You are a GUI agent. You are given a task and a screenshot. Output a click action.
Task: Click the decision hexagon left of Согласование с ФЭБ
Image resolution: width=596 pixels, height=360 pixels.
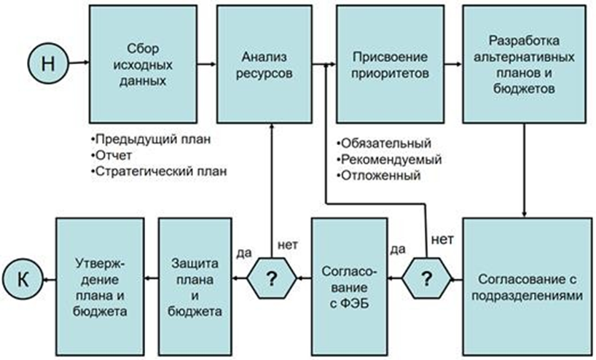point(272,278)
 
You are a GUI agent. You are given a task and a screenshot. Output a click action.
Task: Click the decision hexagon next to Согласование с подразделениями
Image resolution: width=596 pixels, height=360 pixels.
point(428,278)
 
